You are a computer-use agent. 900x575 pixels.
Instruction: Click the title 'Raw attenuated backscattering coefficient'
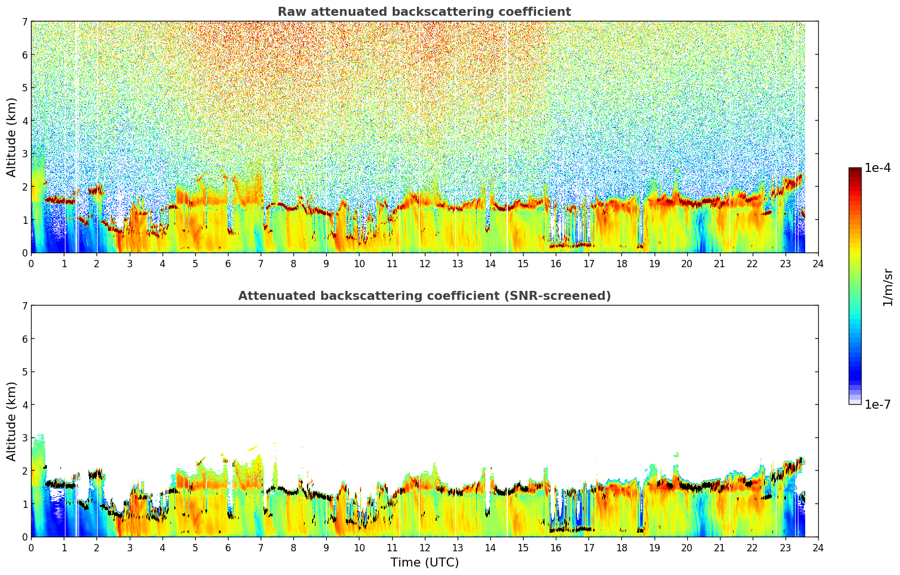click(424, 12)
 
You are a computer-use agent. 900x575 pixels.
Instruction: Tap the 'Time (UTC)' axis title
click(424, 562)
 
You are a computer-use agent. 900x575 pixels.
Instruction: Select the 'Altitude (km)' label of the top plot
click(11, 138)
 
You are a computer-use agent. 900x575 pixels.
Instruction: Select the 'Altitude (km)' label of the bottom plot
click(11, 421)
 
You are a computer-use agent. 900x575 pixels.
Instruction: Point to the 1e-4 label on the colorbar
click(877, 168)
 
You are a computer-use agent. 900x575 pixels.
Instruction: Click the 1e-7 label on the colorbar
click(877, 404)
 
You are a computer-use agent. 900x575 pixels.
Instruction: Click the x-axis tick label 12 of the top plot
click(425, 264)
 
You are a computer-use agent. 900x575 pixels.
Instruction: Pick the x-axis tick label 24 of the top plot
click(818, 264)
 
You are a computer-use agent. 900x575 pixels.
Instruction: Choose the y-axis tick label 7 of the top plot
click(25, 21)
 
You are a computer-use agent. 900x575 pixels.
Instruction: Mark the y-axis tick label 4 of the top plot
click(25, 121)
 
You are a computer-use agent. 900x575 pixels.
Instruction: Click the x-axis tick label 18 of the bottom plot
click(622, 548)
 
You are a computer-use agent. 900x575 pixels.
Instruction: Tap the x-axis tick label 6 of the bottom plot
click(228, 548)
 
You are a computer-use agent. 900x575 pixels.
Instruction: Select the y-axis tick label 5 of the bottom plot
click(25, 371)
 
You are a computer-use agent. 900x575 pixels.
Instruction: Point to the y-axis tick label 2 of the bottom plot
click(25, 471)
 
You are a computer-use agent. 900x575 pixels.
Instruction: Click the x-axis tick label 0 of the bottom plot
click(32, 548)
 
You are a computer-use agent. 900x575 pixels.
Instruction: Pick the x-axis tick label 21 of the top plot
click(719, 264)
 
